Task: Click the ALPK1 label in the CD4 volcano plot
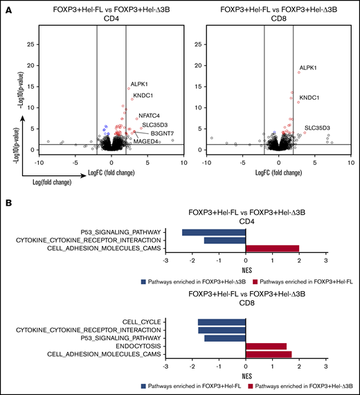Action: [140, 85]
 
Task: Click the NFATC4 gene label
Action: [150, 115]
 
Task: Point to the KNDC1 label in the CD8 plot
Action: [309, 98]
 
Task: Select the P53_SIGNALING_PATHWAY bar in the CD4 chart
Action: [214, 231]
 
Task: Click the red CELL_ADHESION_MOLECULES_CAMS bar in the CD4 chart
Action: [272, 249]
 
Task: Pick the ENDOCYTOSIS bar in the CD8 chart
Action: [266, 346]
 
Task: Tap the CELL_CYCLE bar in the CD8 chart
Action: [222, 322]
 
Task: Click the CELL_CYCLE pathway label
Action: [144, 322]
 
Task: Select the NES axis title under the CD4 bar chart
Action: [246, 271]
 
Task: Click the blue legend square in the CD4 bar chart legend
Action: [144, 282]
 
